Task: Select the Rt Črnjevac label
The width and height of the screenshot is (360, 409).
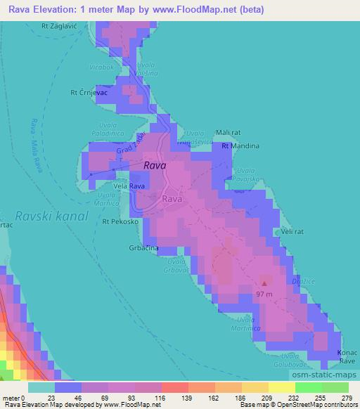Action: tap(88, 91)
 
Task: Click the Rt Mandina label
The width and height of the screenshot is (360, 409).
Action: tap(240, 146)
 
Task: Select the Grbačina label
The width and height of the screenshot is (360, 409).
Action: tap(143, 249)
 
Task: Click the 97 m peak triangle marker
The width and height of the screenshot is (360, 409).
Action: tap(264, 283)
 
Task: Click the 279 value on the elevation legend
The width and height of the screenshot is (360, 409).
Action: tap(347, 398)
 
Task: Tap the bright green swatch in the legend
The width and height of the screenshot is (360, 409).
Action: tap(308, 387)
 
